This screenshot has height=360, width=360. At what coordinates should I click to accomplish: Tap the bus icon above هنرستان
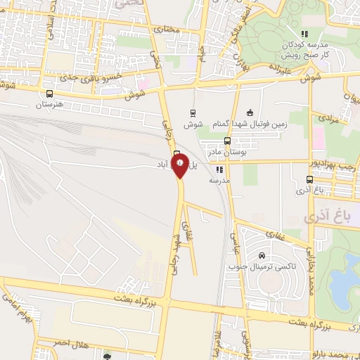click(x=49, y=94)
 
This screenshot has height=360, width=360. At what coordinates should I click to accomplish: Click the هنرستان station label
click(x=49, y=105)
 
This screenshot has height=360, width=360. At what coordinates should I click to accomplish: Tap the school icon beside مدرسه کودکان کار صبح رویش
click(x=304, y=34)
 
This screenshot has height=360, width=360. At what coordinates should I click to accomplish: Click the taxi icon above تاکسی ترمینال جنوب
click(x=262, y=256)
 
